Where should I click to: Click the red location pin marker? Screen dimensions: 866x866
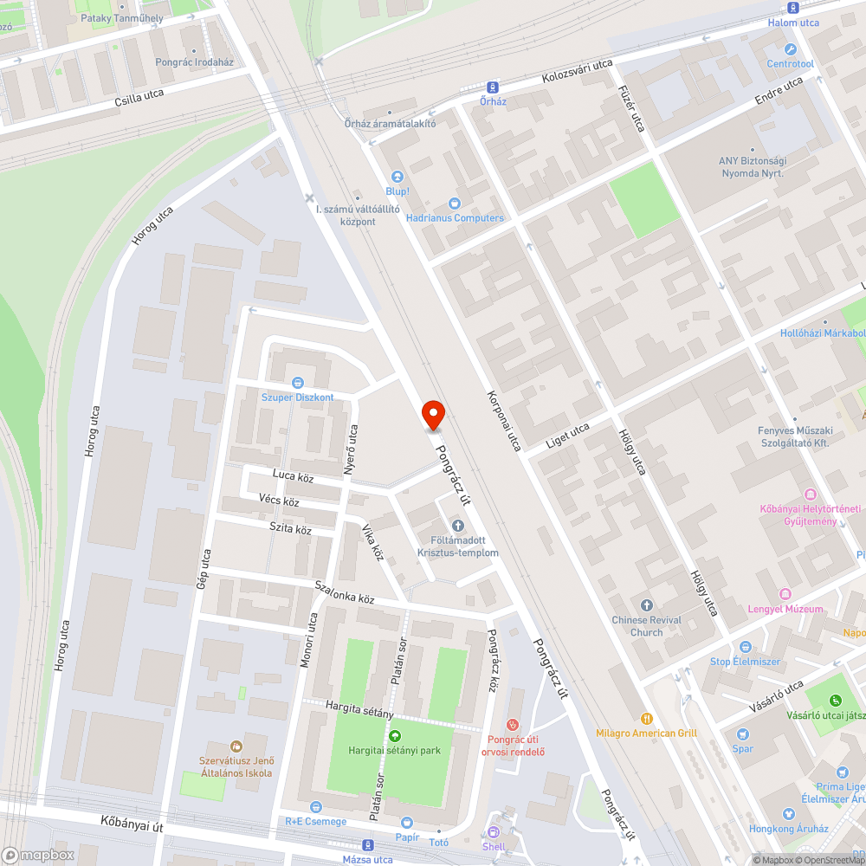click(x=432, y=415)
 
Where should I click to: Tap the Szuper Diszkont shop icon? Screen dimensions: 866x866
click(x=298, y=382)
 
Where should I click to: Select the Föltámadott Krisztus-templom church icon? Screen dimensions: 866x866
click(x=458, y=526)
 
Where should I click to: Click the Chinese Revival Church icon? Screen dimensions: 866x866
click(x=646, y=604)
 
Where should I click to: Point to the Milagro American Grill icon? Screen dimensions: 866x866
click(x=646, y=718)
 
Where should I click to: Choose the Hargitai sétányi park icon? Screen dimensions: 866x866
click(x=395, y=736)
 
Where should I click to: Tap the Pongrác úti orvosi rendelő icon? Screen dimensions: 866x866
click(x=514, y=723)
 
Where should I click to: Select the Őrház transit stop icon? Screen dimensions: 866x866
click(x=493, y=87)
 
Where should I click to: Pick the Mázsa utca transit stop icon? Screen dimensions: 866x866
click(x=368, y=845)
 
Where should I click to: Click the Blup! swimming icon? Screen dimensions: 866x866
click(x=397, y=177)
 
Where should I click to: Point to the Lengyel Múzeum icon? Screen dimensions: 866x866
click(x=785, y=594)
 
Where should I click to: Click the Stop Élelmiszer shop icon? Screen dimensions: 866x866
click(x=745, y=647)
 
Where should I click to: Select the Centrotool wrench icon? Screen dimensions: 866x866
click(x=790, y=48)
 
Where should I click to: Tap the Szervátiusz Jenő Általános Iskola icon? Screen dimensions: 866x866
click(x=235, y=746)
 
